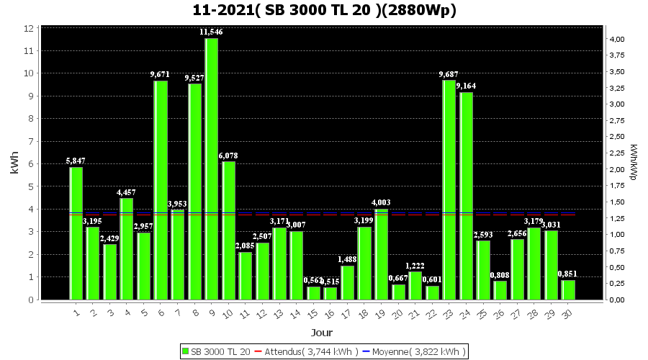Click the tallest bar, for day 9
coord(211,169)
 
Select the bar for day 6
coord(161,190)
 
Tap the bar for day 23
coord(449,190)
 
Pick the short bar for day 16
coord(330,293)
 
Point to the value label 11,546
coord(211,32)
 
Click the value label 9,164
coord(466,86)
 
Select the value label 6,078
coord(228,156)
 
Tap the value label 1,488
coord(347,259)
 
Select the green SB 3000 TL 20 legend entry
coord(216,351)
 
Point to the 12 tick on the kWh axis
coord(30,28)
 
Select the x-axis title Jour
coord(322,333)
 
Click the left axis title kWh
coord(14,163)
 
